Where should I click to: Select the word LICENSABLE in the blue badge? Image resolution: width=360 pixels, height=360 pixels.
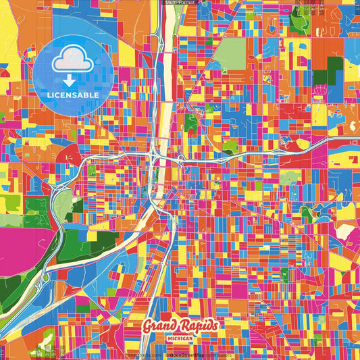[x=72, y=95]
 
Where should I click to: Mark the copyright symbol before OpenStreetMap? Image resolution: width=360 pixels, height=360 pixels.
[x=167, y=355]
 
